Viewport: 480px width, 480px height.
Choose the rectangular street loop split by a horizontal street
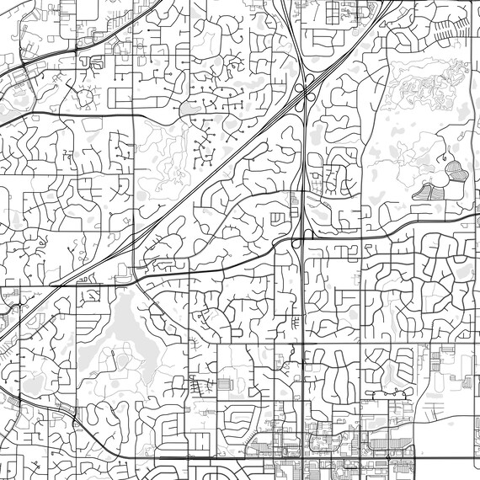click(279, 218)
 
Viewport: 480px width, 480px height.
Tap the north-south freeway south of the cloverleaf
click(301, 168)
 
